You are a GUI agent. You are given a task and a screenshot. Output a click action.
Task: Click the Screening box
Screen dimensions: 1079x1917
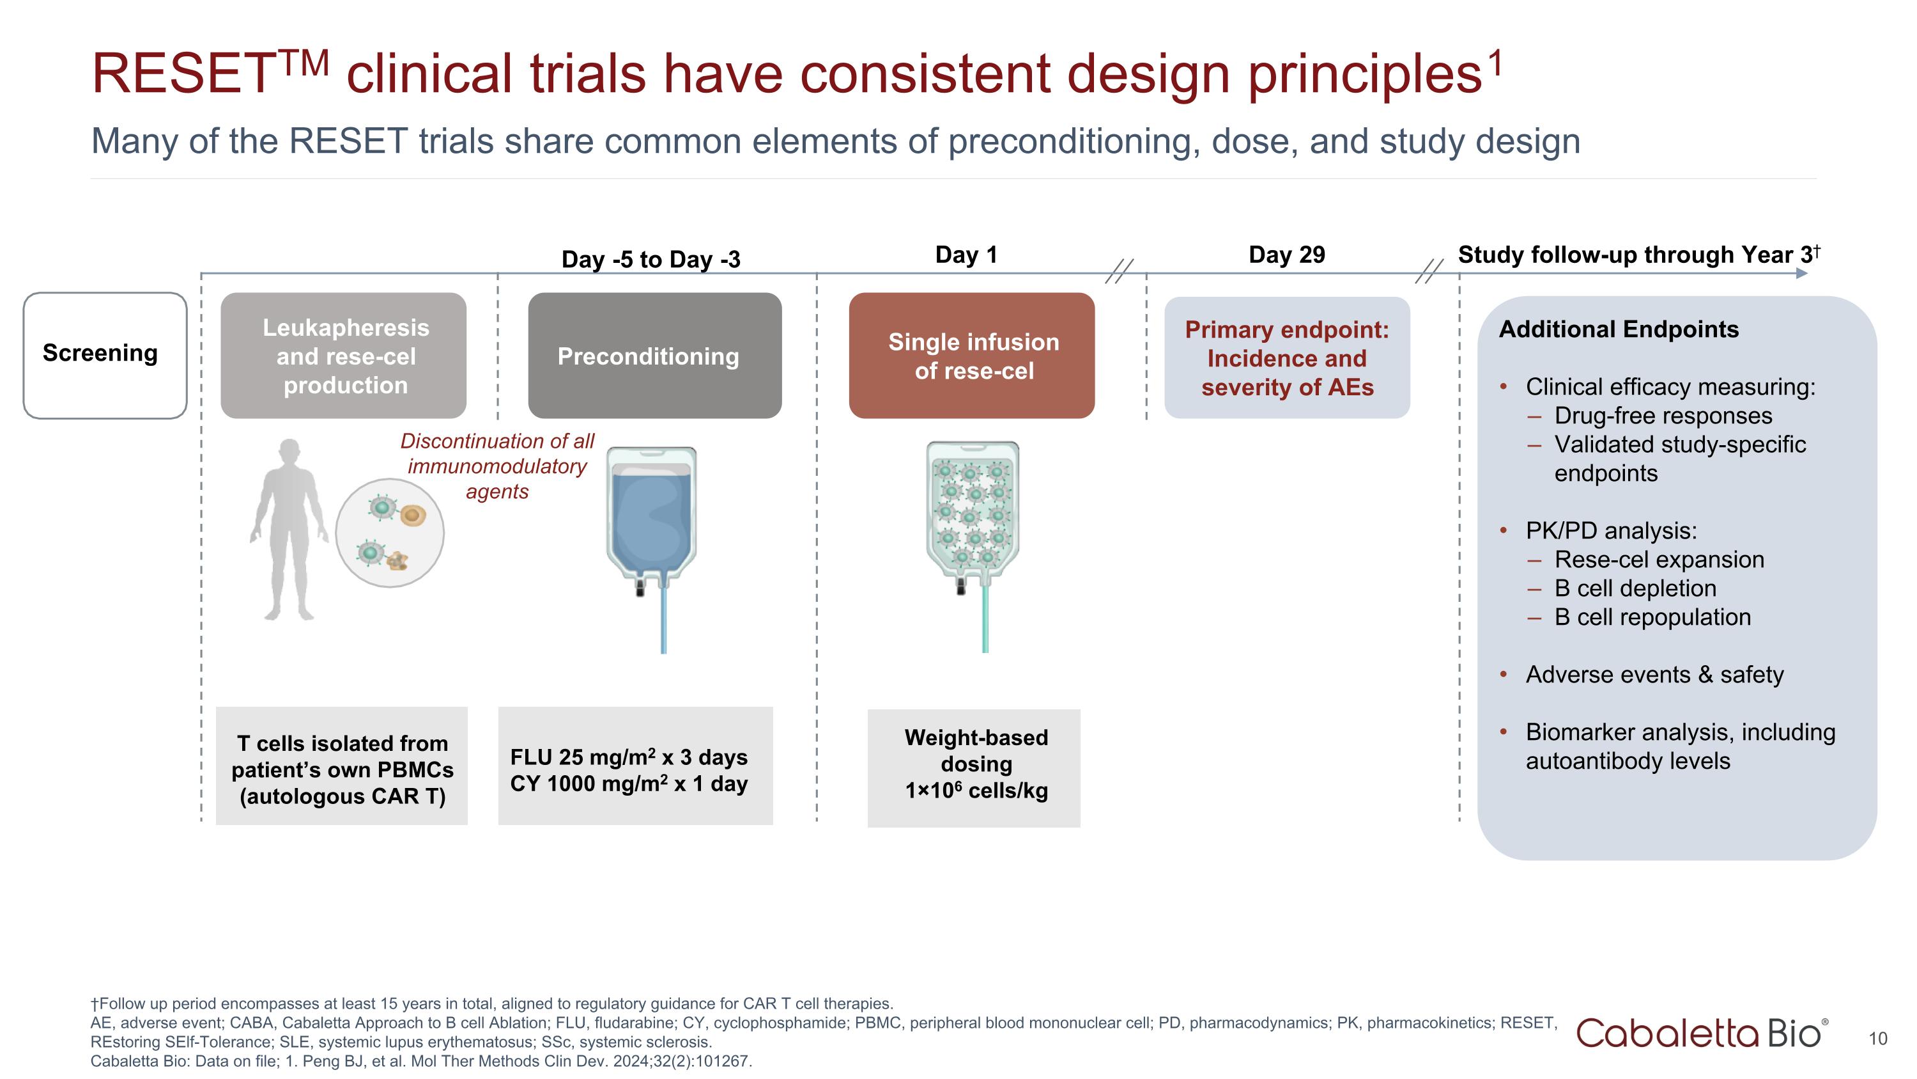105,355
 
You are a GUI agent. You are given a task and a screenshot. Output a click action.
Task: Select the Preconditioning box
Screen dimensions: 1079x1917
654,356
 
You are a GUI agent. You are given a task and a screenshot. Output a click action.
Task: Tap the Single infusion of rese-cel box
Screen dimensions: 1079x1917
971,356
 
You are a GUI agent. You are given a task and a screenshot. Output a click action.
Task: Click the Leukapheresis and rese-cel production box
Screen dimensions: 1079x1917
344,356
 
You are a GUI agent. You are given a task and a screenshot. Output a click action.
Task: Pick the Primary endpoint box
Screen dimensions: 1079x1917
1287,358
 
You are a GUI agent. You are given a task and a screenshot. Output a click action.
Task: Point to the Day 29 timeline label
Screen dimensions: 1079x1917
1287,255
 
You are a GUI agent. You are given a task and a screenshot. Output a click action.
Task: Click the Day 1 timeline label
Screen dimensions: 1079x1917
966,255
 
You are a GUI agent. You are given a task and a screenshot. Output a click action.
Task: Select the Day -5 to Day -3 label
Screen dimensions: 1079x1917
651,259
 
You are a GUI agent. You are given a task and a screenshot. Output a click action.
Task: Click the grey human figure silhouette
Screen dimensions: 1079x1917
289,529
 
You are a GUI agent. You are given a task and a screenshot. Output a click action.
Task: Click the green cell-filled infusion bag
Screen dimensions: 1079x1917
972,514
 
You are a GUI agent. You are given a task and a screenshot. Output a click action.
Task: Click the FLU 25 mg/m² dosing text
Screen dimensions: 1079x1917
629,757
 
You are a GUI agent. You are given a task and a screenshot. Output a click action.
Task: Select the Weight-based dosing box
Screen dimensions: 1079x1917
974,767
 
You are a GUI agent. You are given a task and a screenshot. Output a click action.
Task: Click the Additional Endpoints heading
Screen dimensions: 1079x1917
1618,329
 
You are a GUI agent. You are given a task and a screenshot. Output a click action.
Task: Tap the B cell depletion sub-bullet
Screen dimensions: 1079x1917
1635,588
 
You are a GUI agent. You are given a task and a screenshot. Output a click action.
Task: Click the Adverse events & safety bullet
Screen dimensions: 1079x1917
1654,675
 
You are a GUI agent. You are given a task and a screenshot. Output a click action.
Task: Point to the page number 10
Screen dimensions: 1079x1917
1877,1039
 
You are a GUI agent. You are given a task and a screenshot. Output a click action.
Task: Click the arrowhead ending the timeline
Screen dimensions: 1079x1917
1801,273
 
